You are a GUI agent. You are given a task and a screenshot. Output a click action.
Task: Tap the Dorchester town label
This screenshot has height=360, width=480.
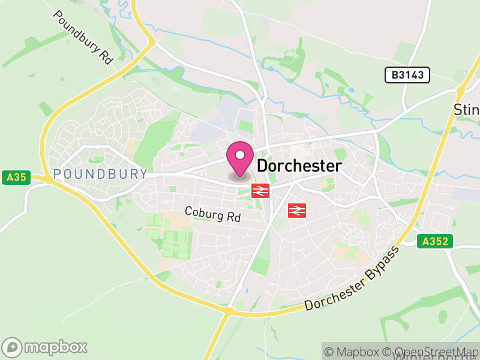coord(299,166)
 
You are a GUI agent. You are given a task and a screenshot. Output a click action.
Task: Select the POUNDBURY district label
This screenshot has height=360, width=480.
coord(100,174)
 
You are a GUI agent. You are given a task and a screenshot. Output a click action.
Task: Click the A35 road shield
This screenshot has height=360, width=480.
coord(16,177)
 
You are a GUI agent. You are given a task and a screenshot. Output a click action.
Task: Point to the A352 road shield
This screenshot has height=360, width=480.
coord(435,241)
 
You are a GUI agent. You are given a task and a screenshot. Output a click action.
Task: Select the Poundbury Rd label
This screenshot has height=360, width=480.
coord(83,37)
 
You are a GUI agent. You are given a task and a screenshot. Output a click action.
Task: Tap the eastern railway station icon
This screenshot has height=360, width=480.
coord(298,210)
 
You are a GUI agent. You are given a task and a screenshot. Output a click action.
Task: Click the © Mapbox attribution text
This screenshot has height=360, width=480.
coord(353,352)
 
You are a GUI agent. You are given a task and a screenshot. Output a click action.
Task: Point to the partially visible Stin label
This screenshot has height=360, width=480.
coord(466,110)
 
